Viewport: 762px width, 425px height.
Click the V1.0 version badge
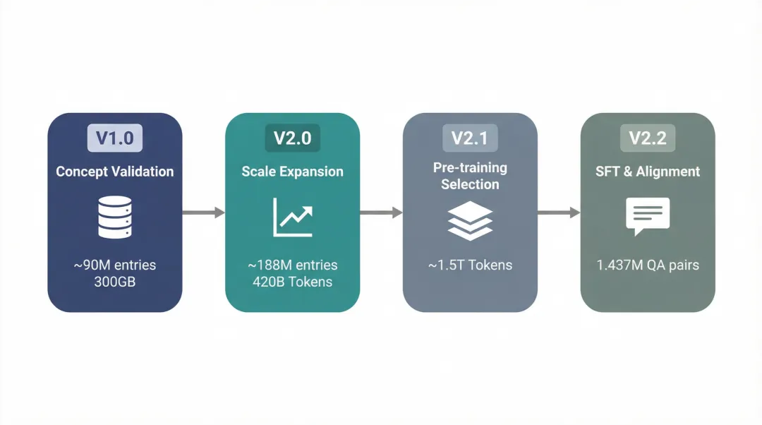[x=115, y=138]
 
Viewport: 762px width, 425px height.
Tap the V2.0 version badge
[x=293, y=138]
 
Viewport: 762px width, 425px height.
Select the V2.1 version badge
[x=470, y=138]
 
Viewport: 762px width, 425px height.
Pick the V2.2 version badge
[x=648, y=138]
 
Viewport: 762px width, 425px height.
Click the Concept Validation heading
[x=115, y=172]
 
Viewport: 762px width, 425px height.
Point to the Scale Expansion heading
[x=293, y=172]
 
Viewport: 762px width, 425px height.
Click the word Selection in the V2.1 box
[x=470, y=184]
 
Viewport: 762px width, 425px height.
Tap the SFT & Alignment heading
[x=648, y=172]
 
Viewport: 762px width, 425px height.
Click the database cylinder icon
[x=115, y=217]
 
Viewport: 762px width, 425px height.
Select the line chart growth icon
[x=293, y=217]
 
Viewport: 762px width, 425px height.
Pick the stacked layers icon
[x=470, y=221]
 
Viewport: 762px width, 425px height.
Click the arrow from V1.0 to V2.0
[x=204, y=212]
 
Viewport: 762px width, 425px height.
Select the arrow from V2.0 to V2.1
[x=382, y=212]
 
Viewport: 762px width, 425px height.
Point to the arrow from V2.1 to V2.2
[x=559, y=212]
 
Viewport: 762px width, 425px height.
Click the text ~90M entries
[x=115, y=265]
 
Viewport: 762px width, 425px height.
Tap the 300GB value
[x=115, y=282]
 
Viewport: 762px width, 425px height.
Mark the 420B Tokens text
[x=293, y=282]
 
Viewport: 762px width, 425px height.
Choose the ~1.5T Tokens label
[x=470, y=265]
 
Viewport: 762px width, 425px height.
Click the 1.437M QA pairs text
[x=648, y=265]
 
